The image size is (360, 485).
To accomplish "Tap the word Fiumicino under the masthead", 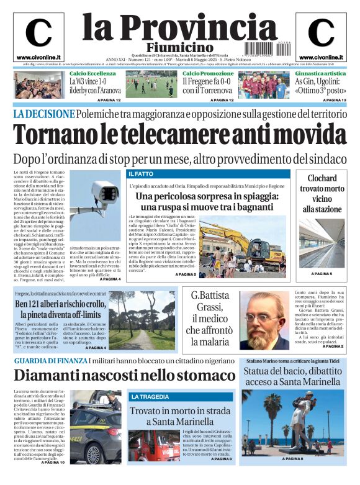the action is (179, 47).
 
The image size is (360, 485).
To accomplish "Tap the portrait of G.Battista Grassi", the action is (264, 319).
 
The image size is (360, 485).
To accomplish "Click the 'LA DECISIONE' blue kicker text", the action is (44, 114).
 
